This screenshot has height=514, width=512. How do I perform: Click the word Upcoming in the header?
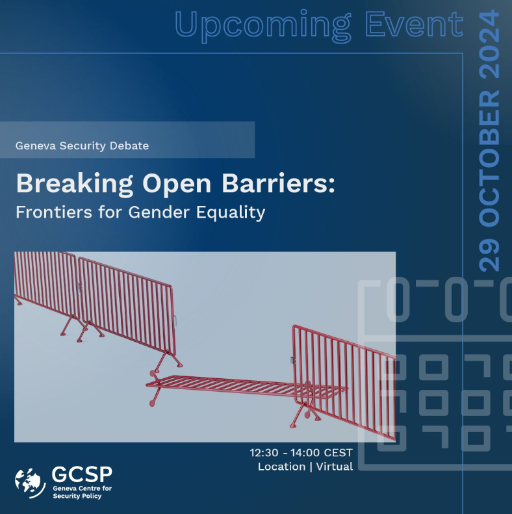click(255, 25)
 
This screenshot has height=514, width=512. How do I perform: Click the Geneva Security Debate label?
click(82, 146)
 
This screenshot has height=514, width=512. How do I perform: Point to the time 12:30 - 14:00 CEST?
click(301, 452)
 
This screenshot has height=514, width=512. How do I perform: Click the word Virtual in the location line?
click(335, 467)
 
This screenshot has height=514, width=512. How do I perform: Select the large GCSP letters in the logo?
click(82, 474)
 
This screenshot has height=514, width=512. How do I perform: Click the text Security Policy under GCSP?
click(77, 496)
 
